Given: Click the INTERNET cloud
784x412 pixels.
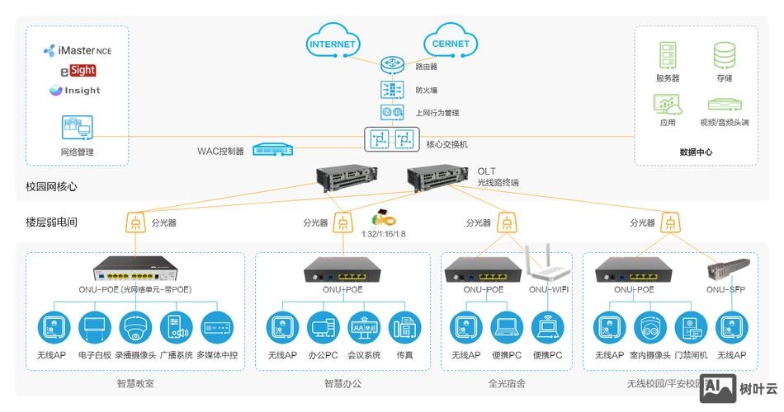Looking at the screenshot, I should pyautogui.click(x=332, y=43).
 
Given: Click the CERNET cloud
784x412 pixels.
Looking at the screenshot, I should pyautogui.click(x=451, y=43).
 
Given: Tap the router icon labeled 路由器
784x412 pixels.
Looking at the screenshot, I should pyautogui.click(x=390, y=65).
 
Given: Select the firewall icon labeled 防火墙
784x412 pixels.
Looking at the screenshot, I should pyautogui.click(x=390, y=89).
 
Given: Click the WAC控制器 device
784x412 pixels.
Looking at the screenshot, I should pyautogui.click(x=272, y=150).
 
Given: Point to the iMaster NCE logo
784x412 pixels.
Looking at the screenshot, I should pyautogui.click(x=78, y=51).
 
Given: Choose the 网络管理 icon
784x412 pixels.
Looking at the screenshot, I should pyautogui.click(x=77, y=128).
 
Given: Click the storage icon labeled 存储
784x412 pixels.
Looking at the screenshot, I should pyautogui.click(x=724, y=55).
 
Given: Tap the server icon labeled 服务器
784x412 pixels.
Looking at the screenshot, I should pyautogui.click(x=668, y=55).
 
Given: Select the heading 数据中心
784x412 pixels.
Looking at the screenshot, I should pyautogui.click(x=696, y=152).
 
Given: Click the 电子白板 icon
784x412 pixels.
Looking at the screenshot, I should pyautogui.click(x=95, y=327).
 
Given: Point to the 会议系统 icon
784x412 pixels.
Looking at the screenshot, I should pyautogui.click(x=364, y=327).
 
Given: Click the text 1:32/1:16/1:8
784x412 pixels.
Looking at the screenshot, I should pyautogui.click(x=384, y=234).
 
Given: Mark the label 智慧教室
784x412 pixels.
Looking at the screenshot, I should pyautogui.click(x=135, y=383).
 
